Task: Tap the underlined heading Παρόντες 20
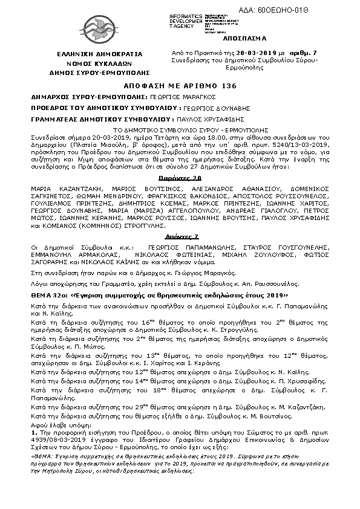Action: [x=180, y=179]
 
